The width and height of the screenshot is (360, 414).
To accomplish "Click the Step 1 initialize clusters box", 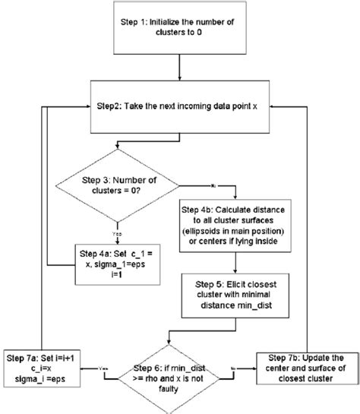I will point(178,30).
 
